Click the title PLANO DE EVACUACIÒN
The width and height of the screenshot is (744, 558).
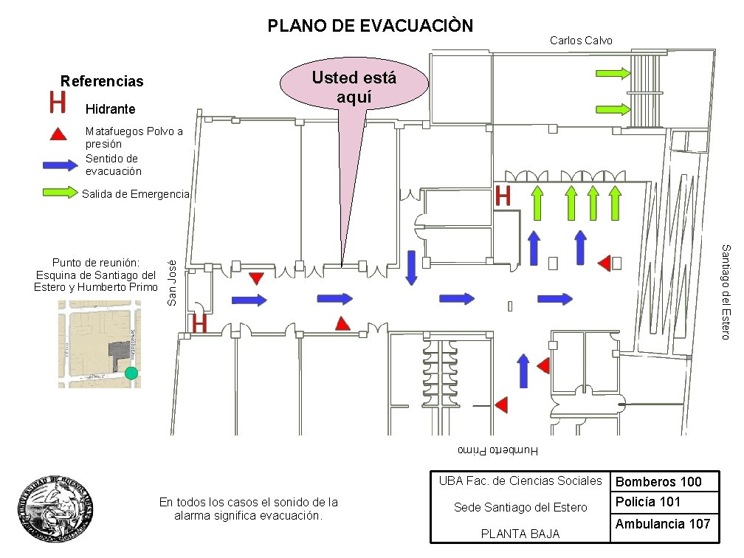[x=370, y=27]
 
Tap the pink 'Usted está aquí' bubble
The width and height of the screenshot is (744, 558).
[x=354, y=87]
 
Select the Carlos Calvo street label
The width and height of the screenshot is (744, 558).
[x=581, y=41]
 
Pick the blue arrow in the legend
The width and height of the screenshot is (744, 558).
[x=60, y=165]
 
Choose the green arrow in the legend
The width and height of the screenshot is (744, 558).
[x=60, y=193]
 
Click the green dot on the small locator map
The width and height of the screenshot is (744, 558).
[x=131, y=373]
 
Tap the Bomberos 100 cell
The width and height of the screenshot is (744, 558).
[x=658, y=482]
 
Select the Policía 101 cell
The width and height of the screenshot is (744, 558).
[x=648, y=502]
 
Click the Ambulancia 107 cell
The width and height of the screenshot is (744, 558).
[x=662, y=524]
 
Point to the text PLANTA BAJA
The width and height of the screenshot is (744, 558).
[x=520, y=534]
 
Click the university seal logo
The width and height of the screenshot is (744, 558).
[x=57, y=509]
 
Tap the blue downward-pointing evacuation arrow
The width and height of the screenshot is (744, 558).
[x=412, y=267]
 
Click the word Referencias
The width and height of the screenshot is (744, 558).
[x=102, y=81]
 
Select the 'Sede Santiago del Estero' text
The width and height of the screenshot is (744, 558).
[x=520, y=507]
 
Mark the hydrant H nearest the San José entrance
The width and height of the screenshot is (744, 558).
[x=199, y=323]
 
